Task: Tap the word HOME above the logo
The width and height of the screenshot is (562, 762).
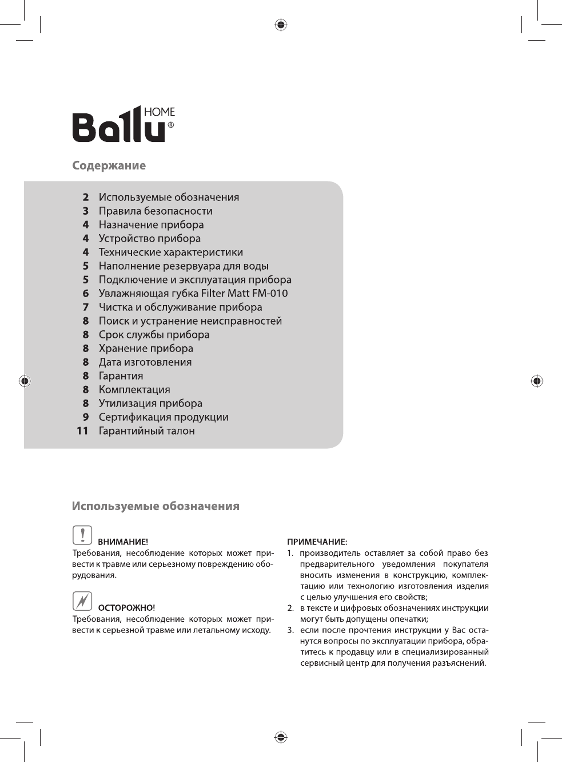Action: (159, 112)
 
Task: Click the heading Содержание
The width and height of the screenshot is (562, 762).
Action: (109, 165)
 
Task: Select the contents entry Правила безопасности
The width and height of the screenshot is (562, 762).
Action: (155, 211)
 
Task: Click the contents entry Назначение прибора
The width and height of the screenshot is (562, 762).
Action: (151, 224)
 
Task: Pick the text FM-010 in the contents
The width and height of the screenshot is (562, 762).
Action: (270, 293)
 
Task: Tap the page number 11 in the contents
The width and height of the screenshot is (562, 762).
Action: (82, 431)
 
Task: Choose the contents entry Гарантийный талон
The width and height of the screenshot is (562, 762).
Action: (146, 431)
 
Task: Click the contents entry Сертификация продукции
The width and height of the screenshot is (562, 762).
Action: (163, 417)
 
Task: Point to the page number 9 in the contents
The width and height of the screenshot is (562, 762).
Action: (86, 417)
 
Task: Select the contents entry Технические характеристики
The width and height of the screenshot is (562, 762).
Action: (170, 252)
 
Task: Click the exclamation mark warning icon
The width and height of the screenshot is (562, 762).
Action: (82, 535)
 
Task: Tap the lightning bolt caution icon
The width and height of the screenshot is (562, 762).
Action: (82, 601)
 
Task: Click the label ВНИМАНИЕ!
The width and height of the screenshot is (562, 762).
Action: (123, 542)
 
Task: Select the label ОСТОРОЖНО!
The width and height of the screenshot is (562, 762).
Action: (126, 608)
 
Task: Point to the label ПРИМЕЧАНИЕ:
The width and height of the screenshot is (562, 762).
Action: (317, 542)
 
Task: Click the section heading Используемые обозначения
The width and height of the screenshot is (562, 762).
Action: (156, 506)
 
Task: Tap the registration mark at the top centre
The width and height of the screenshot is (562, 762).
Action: (280, 25)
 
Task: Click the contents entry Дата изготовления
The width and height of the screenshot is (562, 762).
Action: (145, 362)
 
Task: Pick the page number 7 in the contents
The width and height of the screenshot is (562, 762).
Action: (86, 307)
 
